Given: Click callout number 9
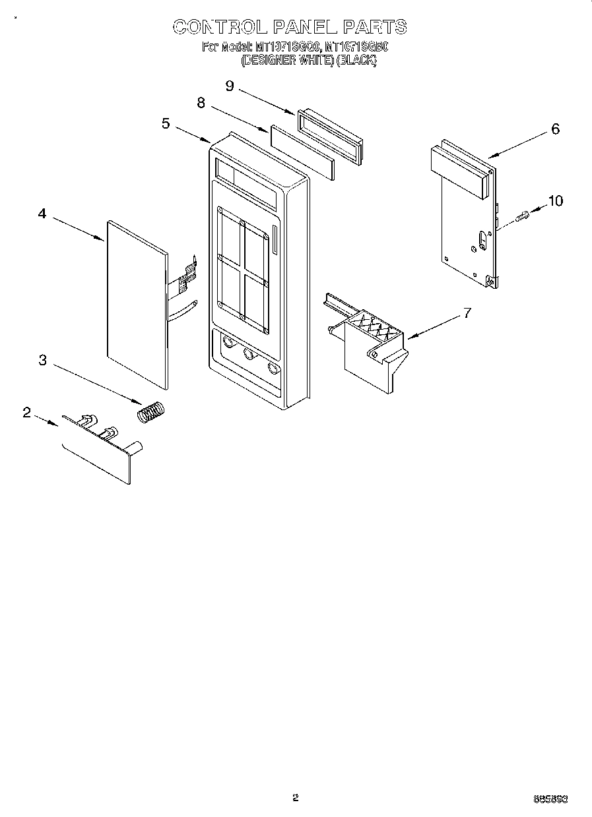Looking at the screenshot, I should click(230, 86).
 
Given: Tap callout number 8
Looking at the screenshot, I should click(201, 103).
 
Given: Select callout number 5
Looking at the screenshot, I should click(166, 123).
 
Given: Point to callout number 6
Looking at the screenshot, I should click(555, 129).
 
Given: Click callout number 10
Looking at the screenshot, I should click(556, 200).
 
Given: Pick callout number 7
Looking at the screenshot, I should click(467, 313).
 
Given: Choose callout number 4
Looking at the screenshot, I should click(42, 214).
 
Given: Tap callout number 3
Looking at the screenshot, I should click(42, 359).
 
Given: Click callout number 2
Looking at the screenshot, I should click(26, 412).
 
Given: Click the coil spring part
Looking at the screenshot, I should click(152, 412).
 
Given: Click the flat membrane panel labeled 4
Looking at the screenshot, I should click(135, 303).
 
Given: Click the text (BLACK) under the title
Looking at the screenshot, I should click(356, 60).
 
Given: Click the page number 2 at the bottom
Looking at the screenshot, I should click(296, 798).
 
